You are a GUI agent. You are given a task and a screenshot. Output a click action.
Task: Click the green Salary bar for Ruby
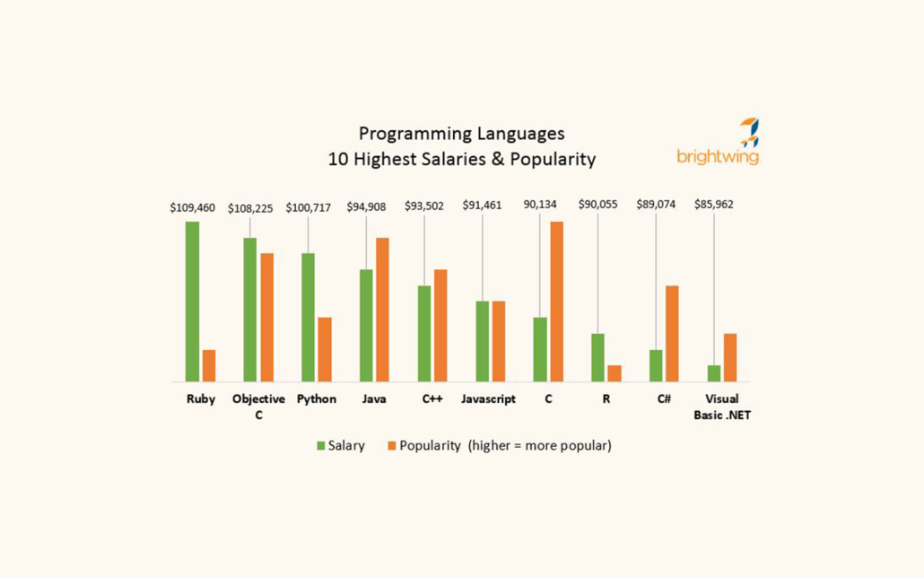(192, 302)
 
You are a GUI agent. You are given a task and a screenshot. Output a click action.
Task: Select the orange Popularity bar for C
(556, 302)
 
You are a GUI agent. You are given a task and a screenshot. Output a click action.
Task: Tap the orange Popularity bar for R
(615, 373)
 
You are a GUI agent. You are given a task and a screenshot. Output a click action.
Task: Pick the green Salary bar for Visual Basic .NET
(714, 373)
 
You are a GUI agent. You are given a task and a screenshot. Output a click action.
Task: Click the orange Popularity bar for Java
(382, 310)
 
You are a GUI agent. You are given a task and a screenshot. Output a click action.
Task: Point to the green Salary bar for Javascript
(482, 341)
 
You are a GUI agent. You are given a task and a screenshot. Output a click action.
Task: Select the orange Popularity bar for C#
(672, 333)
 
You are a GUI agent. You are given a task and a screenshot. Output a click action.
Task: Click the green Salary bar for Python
(308, 317)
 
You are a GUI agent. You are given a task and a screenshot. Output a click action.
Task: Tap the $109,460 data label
(193, 207)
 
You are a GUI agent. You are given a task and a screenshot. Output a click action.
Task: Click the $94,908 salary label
(366, 207)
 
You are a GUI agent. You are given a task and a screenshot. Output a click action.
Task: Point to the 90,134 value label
(540, 205)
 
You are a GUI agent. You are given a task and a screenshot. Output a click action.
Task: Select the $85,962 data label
(713, 205)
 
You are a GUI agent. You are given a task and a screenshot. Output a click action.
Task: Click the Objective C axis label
(258, 407)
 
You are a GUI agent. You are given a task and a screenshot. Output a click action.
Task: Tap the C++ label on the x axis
(432, 399)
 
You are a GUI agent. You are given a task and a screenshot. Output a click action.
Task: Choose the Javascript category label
(488, 399)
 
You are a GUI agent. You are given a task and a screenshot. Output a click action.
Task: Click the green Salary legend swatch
(321, 446)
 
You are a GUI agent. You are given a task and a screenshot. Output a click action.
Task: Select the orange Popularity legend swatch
(391, 446)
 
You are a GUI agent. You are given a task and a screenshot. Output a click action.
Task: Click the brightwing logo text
(719, 157)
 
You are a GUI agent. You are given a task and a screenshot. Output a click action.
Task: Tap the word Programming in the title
(408, 134)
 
